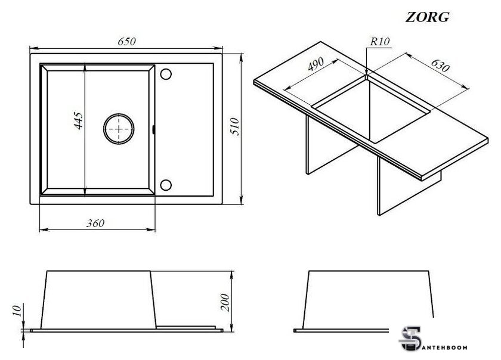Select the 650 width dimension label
(126, 42)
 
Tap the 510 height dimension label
(234, 128)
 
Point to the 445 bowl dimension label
(79, 121)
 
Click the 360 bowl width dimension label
(95, 224)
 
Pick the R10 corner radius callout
(379, 42)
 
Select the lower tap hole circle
(166, 184)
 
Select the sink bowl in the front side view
(99, 299)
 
